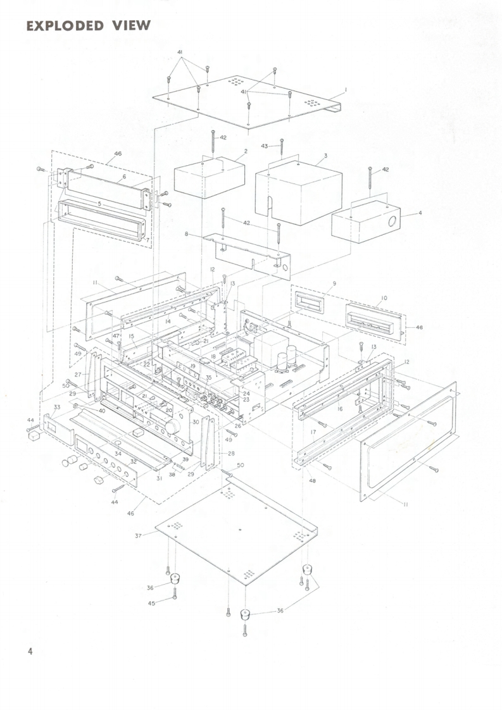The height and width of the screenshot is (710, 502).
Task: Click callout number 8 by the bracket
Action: point(187,234)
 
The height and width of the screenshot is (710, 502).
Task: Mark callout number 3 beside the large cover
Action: point(325,155)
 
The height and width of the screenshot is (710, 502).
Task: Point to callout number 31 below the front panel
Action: point(159,478)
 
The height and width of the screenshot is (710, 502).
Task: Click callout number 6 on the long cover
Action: point(124,177)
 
